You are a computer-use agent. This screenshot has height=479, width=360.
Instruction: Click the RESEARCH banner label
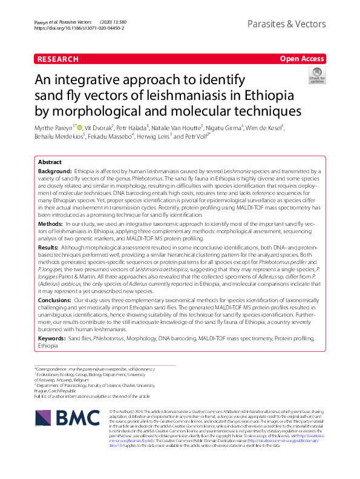[x=58, y=59]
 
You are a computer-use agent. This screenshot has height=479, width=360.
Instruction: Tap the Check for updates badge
[x=317, y=76]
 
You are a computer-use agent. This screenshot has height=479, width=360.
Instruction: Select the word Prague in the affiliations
[x=42, y=390]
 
